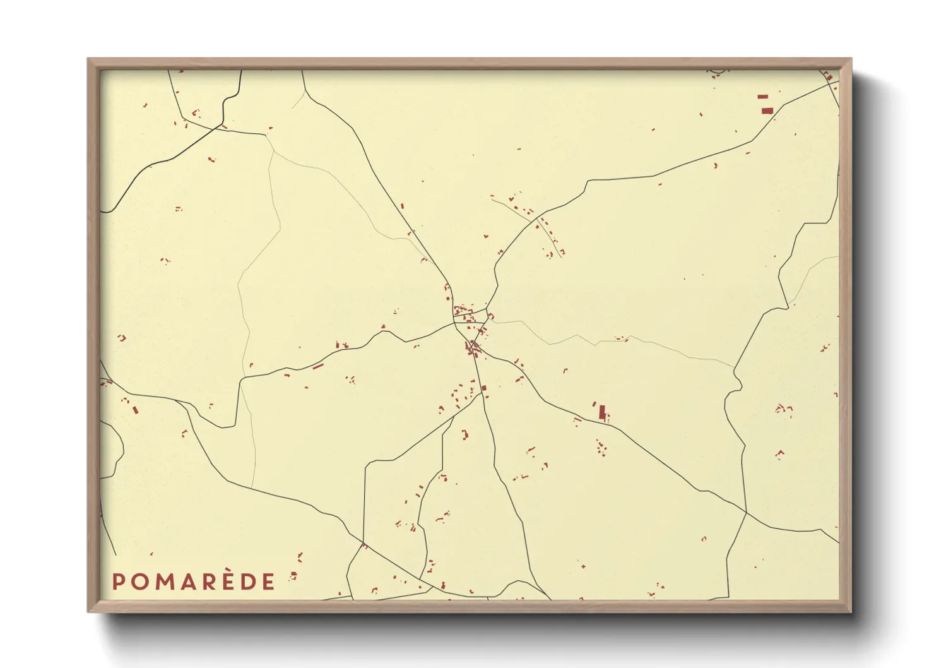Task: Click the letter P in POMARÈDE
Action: point(117,582)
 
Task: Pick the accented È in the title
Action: point(228,582)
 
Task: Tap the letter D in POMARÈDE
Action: point(248,582)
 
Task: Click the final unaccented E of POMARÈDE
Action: point(269,582)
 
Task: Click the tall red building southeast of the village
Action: point(601,412)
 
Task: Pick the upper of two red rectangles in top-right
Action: point(763,97)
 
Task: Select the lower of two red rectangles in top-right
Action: point(767,110)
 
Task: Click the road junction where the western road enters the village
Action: point(454,324)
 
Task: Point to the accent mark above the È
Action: point(228,572)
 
